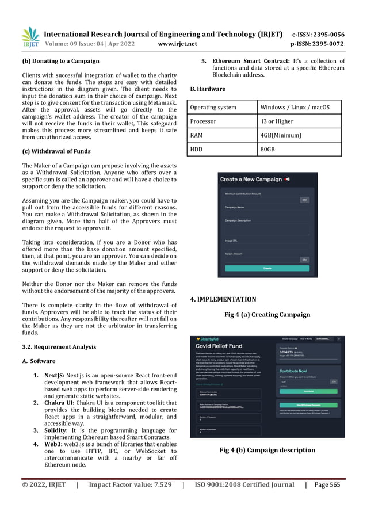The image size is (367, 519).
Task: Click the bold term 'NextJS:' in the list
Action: point(53,375)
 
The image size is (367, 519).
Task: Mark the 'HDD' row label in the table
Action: point(197,150)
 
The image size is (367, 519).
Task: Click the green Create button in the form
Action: point(267,268)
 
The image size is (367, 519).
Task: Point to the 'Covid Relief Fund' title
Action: point(221,348)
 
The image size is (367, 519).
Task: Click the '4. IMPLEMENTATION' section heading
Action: point(223,299)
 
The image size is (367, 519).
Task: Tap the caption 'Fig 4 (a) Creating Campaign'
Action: point(267,315)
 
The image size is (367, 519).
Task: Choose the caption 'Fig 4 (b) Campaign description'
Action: point(267,450)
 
